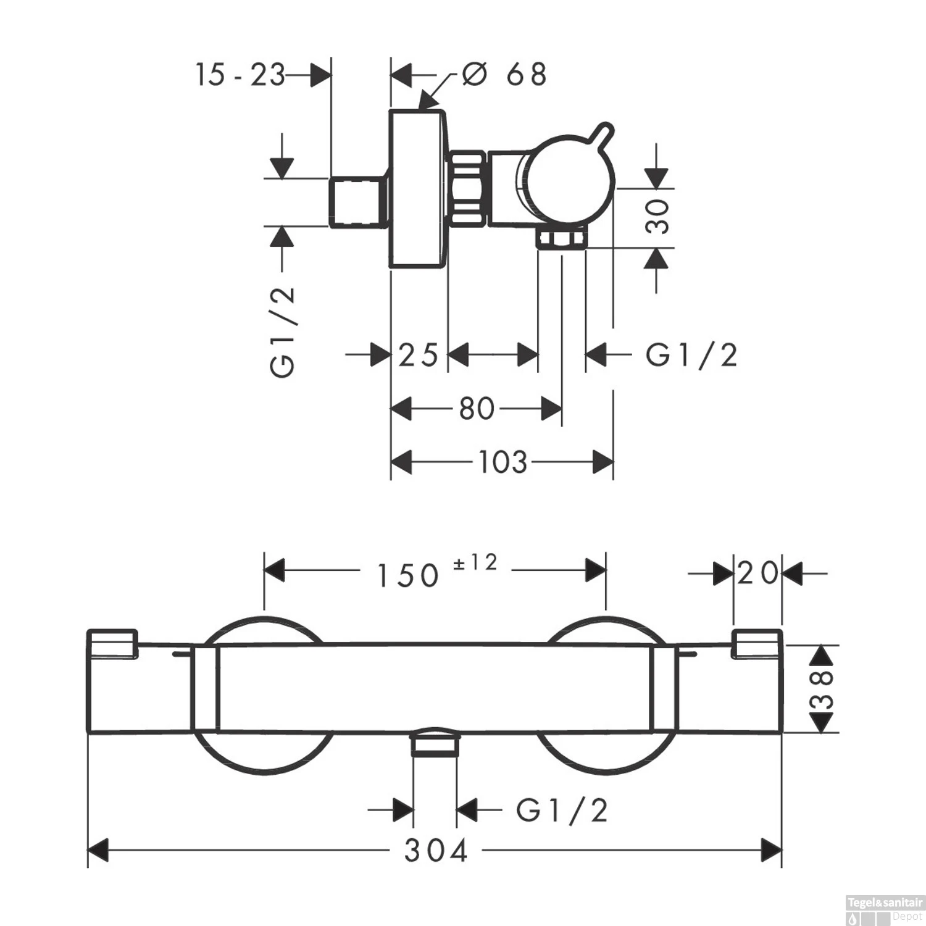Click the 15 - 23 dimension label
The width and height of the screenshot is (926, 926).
click(240, 75)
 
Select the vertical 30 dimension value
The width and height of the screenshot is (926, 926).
click(658, 216)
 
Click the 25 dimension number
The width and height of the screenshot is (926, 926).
click(418, 356)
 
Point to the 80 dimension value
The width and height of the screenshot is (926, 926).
click(477, 409)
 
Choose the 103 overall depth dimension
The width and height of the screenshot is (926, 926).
click(503, 462)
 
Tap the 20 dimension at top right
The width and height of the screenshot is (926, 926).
click(757, 574)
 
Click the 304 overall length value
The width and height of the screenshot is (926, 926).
click(436, 851)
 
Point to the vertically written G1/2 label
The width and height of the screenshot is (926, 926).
click(283, 332)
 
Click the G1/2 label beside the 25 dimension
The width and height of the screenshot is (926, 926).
click(691, 356)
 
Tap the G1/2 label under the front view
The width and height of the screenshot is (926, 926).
click(562, 811)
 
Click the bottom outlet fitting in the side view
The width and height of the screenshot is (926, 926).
click(560, 239)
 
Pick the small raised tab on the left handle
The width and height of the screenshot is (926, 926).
click(112, 643)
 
